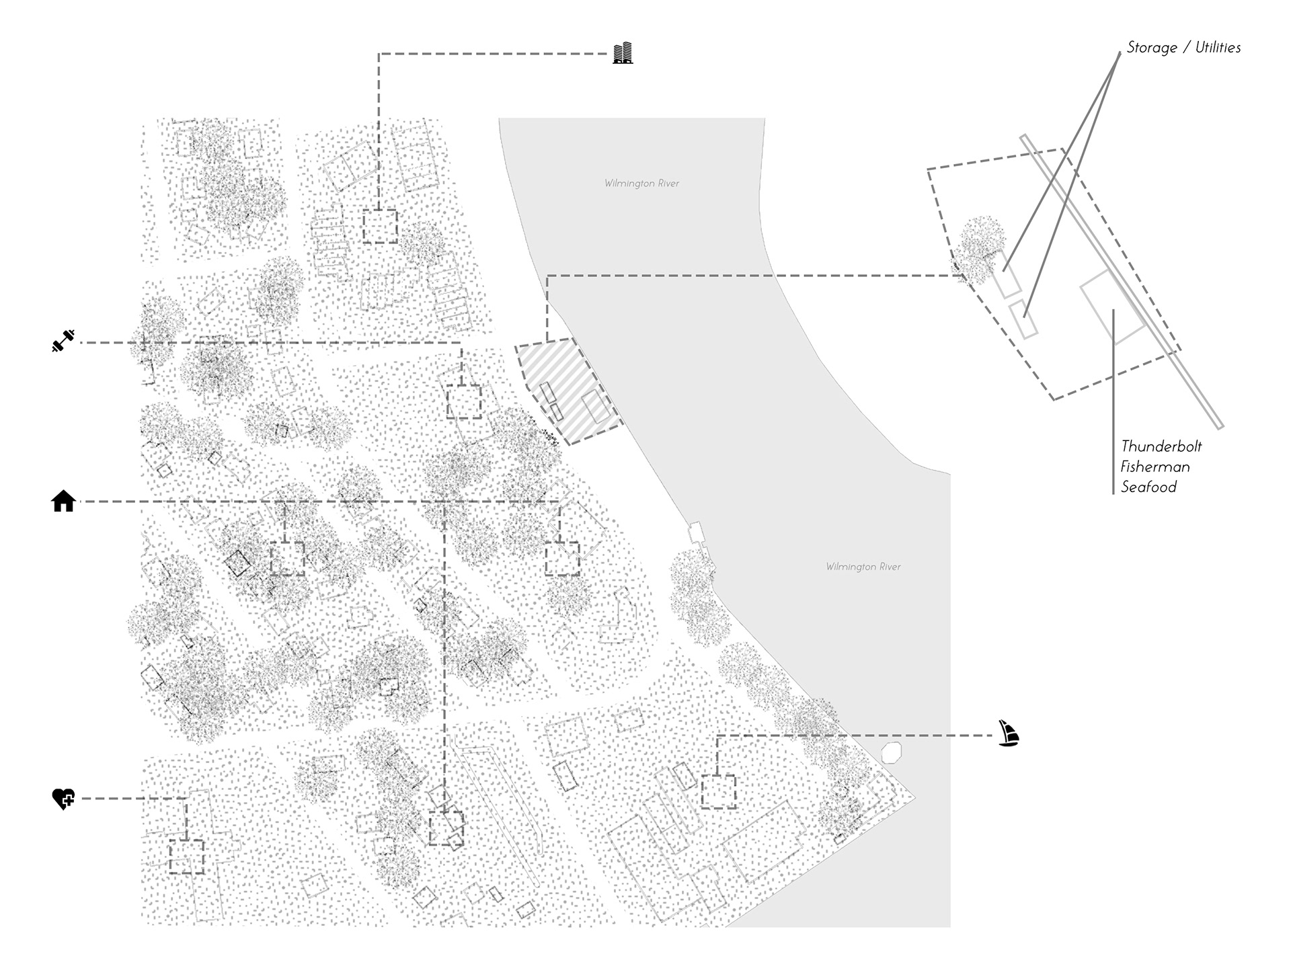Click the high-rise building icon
[623, 53]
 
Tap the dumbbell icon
[63, 342]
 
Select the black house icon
[63, 501]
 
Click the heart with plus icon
[63, 798]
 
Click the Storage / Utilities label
[1183, 48]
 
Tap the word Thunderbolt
[1161, 446]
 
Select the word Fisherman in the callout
[1155, 467]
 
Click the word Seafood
[1148, 487]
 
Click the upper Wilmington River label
[641, 184]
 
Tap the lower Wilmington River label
[863, 567]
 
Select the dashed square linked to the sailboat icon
[718, 791]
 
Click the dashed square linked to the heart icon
[186, 857]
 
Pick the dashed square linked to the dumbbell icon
[464, 401]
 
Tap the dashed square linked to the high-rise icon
[380, 226]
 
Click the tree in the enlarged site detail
[982, 247]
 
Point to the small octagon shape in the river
[891, 752]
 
